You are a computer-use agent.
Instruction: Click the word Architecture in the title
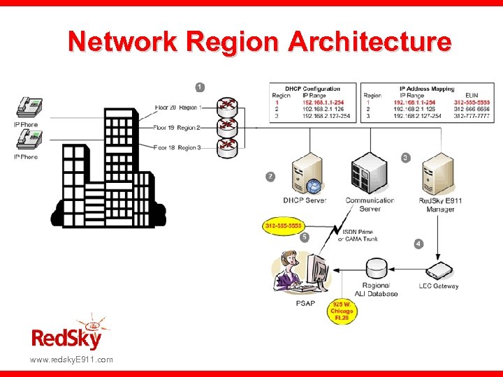coord(371,43)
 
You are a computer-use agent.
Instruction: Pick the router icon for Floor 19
coord(227,127)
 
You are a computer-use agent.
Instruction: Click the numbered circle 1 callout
coord(200,87)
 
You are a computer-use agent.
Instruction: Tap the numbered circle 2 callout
coord(270,177)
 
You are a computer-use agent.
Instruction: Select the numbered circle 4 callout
coord(418,244)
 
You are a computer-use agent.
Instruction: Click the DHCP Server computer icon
coord(305,174)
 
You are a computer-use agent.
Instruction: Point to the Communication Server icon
coord(369,174)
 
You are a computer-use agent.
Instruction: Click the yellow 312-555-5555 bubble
coord(284,226)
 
